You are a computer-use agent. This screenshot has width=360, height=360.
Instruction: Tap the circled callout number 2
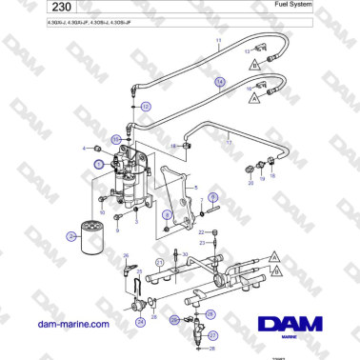71,233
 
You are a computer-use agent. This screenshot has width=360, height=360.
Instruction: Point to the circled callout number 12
145,108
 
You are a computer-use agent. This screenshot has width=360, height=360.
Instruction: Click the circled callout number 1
98,164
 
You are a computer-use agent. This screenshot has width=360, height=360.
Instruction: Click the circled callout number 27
212,335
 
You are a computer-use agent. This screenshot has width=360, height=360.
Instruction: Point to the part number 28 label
213,350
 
